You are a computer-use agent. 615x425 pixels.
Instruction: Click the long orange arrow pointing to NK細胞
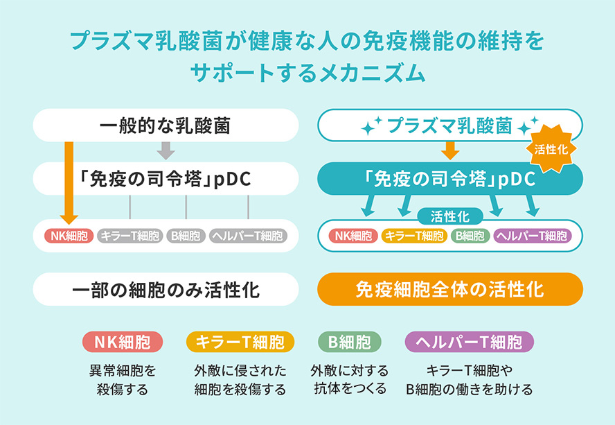[x=69, y=182]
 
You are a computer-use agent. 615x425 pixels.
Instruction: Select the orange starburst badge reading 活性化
[x=551, y=149]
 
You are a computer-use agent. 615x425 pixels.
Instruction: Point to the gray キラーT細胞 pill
[x=130, y=236]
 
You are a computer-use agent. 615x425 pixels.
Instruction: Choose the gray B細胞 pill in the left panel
[x=186, y=236]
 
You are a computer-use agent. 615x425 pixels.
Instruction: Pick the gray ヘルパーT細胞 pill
[x=248, y=236]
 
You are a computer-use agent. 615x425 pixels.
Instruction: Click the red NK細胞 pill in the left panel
[x=69, y=236]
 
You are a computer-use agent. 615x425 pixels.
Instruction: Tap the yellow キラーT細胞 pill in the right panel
[x=414, y=236]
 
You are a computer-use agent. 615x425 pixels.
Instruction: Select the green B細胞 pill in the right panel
[x=470, y=236]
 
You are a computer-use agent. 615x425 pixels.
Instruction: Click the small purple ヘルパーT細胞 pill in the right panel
[x=533, y=236]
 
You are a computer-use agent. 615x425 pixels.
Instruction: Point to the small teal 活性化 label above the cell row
[x=450, y=216]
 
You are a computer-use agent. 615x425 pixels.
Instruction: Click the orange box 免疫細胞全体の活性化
[x=450, y=289]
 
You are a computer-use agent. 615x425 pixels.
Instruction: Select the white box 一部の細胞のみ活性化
[x=166, y=289]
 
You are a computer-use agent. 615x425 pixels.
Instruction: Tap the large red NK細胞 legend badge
[x=123, y=342]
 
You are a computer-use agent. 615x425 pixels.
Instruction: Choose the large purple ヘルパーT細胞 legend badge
[x=469, y=342]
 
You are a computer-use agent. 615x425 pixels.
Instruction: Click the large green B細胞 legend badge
[x=350, y=342]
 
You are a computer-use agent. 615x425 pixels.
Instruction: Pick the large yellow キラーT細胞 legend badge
[x=240, y=342]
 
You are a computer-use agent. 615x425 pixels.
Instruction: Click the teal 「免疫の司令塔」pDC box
[x=450, y=179]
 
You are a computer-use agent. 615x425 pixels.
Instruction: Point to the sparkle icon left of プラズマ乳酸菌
[x=371, y=125]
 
